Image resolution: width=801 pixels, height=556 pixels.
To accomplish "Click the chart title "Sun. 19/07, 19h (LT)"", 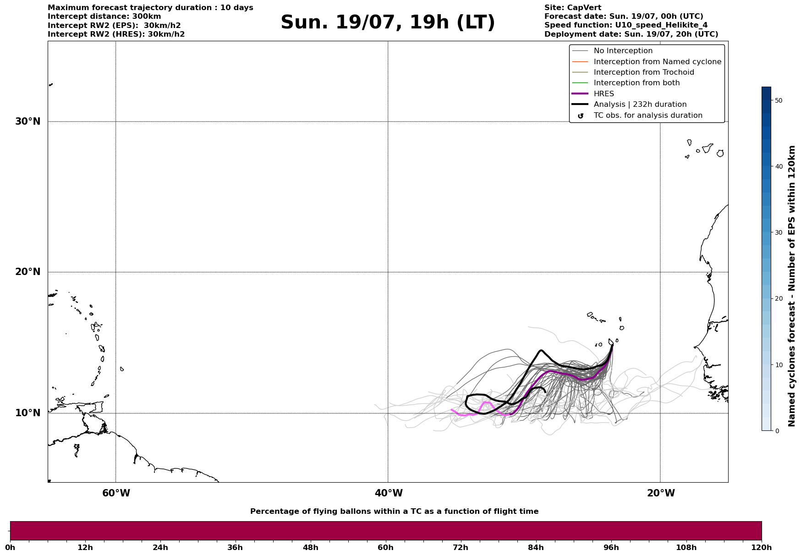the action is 388,22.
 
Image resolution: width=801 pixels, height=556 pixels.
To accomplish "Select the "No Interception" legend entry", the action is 623,51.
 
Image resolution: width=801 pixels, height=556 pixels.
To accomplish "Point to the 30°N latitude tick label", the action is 27,121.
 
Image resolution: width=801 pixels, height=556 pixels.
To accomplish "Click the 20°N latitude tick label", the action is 27,272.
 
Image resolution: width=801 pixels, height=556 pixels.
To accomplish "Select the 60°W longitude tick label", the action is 116,493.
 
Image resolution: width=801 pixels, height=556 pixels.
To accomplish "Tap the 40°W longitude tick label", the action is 389,493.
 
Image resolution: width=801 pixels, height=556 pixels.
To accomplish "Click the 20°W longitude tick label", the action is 661,493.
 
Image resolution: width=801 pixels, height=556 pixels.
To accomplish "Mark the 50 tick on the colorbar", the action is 779,100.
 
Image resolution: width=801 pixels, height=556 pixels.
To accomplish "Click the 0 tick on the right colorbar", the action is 777,431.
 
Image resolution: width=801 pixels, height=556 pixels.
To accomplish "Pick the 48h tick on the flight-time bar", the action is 310,548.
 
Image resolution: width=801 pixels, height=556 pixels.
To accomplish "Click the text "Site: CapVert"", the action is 573,8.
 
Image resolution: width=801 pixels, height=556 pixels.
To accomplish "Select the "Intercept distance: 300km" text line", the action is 104,17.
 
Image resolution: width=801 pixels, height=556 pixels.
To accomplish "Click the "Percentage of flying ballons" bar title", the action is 394,512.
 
